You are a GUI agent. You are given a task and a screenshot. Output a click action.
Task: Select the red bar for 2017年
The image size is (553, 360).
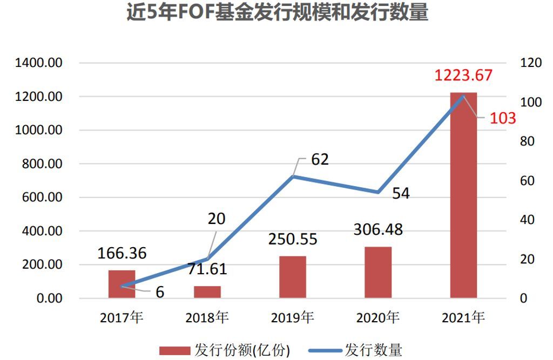pyautogui.click(x=122, y=284)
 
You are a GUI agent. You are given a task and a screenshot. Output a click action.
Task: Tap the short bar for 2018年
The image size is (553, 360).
pyautogui.click(x=207, y=292)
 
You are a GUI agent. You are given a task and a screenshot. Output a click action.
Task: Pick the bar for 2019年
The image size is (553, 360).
pyautogui.click(x=293, y=277)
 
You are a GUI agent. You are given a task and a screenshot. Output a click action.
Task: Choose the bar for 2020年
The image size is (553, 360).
pyautogui.click(x=378, y=273)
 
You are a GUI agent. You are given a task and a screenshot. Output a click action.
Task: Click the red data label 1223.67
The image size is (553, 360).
pyautogui.click(x=464, y=75)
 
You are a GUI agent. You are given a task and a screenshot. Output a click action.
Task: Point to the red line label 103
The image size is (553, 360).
pyautogui.click(x=503, y=118)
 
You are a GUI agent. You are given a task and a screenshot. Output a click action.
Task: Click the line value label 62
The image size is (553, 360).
pyautogui.click(x=320, y=160)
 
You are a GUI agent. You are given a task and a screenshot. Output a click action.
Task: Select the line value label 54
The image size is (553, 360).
pyautogui.click(x=401, y=194)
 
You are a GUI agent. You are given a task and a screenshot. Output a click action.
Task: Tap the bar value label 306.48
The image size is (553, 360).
pyautogui.click(x=378, y=229)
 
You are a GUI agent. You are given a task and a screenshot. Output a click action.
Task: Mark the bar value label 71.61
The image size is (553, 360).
pyautogui.click(x=207, y=268)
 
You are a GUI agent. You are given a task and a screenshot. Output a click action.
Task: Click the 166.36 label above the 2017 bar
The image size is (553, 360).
pyautogui.click(x=122, y=253)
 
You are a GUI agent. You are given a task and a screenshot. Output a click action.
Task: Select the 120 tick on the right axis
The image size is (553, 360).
pyautogui.click(x=530, y=63)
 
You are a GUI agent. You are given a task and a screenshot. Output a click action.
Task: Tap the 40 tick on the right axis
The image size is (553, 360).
pyautogui.click(x=527, y=220)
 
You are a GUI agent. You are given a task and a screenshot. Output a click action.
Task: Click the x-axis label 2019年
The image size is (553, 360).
pyautogui.click(x=293, y=318)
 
